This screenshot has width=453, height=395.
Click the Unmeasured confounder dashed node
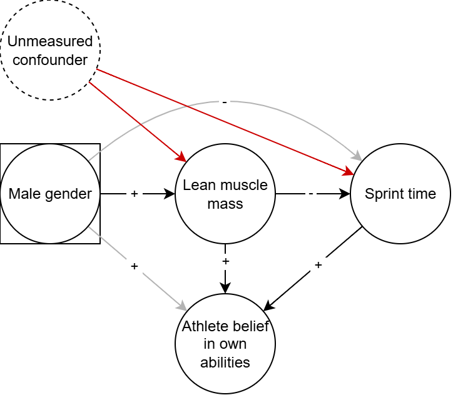50,50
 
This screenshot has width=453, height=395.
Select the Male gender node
50,194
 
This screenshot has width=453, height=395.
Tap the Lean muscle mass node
225,194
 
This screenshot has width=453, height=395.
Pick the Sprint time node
400,194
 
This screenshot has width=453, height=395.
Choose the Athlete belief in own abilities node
225,344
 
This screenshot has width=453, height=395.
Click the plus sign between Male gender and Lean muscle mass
134,194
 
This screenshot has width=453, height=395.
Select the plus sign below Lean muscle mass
225,261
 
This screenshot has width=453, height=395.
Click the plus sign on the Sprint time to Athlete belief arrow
318,265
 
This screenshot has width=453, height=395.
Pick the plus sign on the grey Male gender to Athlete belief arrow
134,266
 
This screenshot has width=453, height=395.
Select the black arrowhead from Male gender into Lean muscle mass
170,194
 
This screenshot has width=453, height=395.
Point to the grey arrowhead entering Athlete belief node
183,307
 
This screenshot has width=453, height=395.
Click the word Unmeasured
50,42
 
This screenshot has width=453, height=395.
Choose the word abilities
225,362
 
